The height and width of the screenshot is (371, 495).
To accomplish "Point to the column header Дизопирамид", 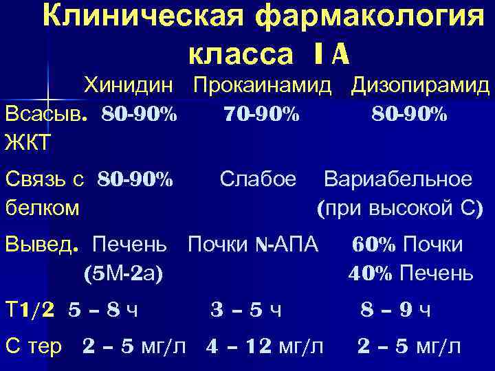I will tap(420, 87).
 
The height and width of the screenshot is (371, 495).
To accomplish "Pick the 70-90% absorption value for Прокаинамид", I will tap(261, 113).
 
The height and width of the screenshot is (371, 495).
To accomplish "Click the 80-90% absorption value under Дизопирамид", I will tap(410, 113).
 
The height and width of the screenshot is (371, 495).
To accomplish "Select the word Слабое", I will tap(258, 179).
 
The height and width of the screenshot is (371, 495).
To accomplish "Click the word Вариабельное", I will tap(398, 179).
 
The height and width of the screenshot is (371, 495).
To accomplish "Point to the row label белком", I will tap(42, 206).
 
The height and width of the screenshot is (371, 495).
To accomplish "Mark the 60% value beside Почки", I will tap(375, 245).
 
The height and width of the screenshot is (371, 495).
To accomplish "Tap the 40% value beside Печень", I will tap(370, 273).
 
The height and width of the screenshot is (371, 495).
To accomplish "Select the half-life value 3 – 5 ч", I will tap(245, 311).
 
